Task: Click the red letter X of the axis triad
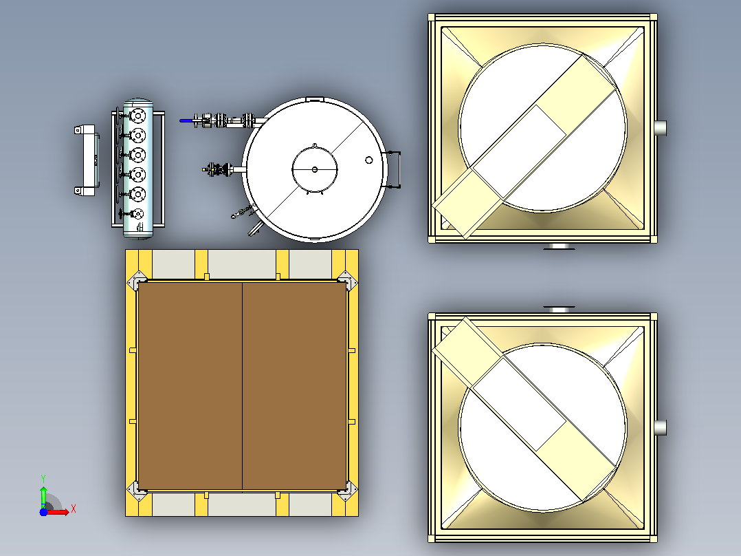click(74, 509)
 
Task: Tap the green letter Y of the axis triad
click(43, 478)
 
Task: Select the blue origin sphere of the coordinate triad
click(43, 512)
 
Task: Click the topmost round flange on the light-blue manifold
click(137, 116)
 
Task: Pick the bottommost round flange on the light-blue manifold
click(137, 214)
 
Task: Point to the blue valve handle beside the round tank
click(186, 120)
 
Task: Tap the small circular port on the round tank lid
click(369, 160)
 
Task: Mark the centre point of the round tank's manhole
click(315, 169)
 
